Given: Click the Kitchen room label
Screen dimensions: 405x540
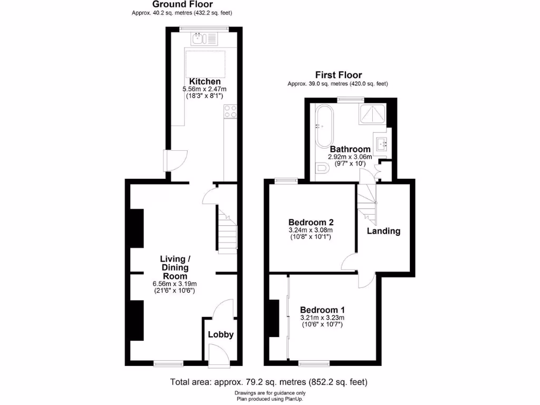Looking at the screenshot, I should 205,81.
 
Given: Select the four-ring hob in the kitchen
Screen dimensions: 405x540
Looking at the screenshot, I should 230,111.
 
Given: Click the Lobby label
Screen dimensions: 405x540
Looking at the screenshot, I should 220,334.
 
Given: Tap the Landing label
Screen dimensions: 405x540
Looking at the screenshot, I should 383,231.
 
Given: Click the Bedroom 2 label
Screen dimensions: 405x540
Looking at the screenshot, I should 311,222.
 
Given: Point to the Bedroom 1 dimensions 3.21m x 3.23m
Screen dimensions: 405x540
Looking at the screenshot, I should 322,318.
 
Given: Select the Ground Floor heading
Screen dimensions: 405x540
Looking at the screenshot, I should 182,4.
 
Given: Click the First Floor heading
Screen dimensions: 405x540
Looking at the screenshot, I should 338,75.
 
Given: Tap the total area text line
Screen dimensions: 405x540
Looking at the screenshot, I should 268,382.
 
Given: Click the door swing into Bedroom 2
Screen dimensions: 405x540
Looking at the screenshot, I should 348,262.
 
